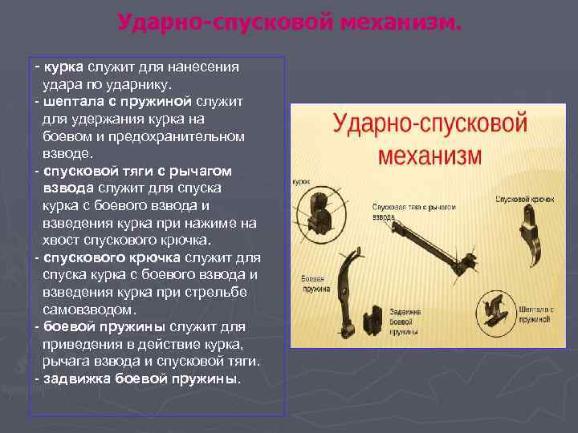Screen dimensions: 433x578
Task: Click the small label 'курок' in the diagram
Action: tap(302, 182)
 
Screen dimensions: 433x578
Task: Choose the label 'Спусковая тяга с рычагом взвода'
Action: tap(414, 212)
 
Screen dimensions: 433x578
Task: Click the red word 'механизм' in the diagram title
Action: tap(429, 153)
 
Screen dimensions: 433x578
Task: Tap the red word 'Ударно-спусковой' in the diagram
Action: tap(429, 125)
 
